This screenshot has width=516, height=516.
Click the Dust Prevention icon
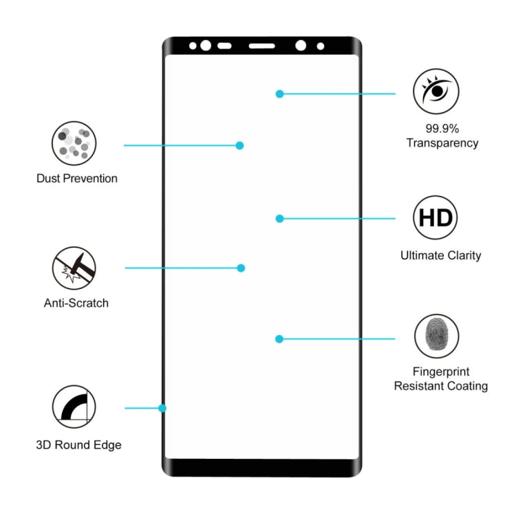click(x=74, y=143)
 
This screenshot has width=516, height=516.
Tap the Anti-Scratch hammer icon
click(x=74, y=268)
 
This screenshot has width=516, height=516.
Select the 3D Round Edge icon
click(x=74, y=407)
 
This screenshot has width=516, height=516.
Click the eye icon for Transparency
click(x=436, y=91)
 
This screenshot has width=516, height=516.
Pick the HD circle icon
click(x=436, y=217)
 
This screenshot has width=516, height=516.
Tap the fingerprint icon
click(x=437, y=336)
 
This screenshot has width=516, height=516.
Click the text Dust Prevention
click(x=77, y=178)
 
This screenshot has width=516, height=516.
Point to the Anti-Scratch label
click(x=76, y=303)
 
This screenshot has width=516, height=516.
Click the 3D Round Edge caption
click(x=78, y=445)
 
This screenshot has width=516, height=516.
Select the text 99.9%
click(x=442, y=129)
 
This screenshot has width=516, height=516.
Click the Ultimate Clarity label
click(x=441, y=255)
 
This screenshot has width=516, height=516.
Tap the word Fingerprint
click(x=441, y=372)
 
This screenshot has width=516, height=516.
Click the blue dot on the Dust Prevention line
click(x=240, y=145)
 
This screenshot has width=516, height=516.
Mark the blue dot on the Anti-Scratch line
click(x=241, y=268)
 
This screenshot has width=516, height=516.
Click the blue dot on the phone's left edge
click(x=162, y=409)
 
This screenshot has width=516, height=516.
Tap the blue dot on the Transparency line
click(x=280, y=94)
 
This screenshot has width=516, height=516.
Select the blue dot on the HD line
click(x=280, y=219)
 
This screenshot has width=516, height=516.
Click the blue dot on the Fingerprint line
click(x=279, y=339)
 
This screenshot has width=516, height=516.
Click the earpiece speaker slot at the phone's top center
click(x=262, y=46)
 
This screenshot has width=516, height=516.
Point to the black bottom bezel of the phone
click(x=262, y=467)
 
